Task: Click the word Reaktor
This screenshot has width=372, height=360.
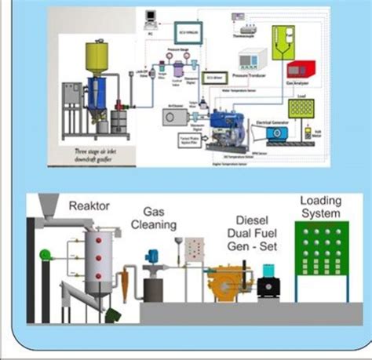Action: pos(89,205)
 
